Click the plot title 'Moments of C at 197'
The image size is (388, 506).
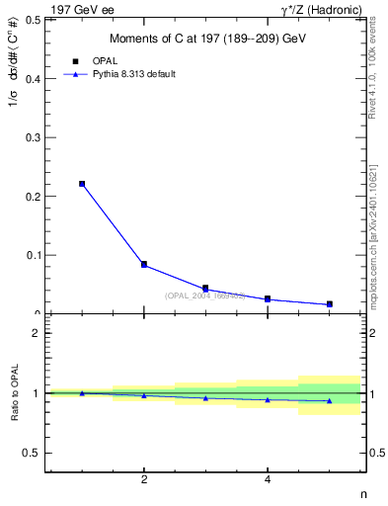(x=206, y=39)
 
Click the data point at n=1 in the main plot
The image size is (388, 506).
(x=82, y=184)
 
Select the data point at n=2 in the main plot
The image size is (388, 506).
(x=144, y=265)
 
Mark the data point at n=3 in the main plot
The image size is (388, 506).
(x=205, y=289)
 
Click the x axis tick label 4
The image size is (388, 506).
(x=268, y=480)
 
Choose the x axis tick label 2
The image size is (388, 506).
(x=144, y=480)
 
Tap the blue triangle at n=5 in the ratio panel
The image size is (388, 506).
(x=329, y=400)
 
